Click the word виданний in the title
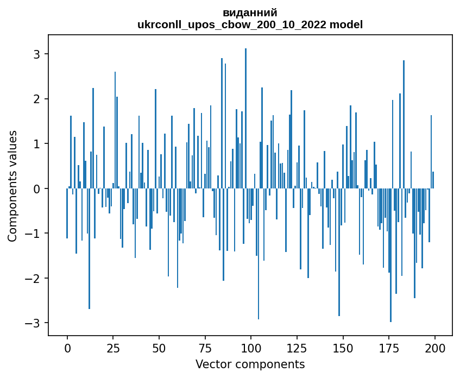[250, 13]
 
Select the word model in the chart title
[346, 24]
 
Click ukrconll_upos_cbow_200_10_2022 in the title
[232, 25]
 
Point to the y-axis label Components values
[12, 186]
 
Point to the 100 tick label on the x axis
[251, 348]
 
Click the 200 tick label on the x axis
[434, 348]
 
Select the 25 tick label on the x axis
[114, 348]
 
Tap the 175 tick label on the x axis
[389, 348]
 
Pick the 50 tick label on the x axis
[159, 348]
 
